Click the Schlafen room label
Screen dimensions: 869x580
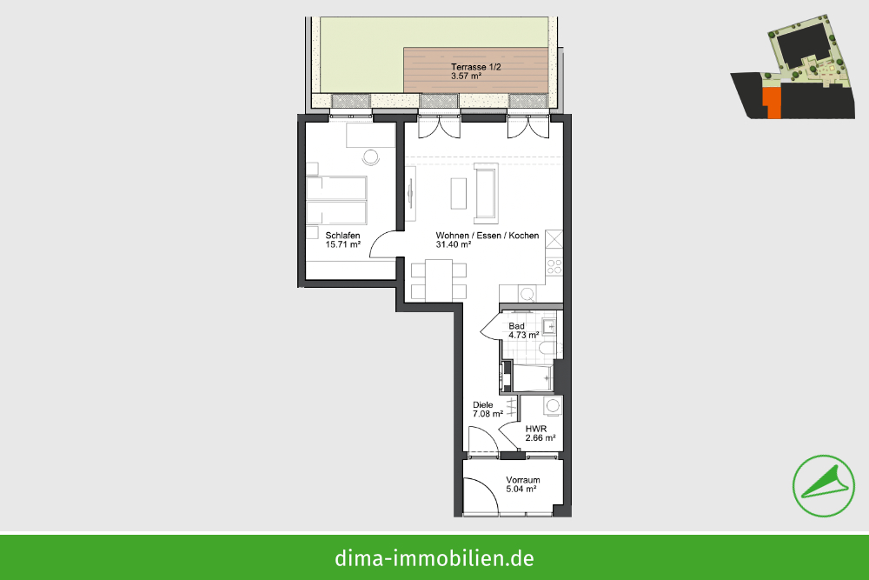(x=342, y=235)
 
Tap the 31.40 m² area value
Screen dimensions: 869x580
(x=454, y=244)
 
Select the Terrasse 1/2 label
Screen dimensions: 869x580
(x=475, y=67)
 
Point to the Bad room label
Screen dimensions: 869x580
(x=516, y=326)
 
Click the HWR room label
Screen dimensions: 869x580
(x=536, y=429)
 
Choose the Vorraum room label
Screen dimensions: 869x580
(x=522, y=480)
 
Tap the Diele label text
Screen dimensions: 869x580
(x=482, y=404)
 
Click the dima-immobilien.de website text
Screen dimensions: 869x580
(x=434, y=557)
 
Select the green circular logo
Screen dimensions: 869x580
(x=824, y=486)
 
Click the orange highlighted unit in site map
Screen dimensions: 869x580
(x=772, y=103)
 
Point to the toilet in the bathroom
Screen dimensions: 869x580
(x=547, y=349)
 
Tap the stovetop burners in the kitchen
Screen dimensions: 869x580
(x=554, y=267)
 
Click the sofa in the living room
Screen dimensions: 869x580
(x=486, y=193)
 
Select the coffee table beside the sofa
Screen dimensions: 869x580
(x=458, y=193)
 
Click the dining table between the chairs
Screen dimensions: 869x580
(x=439, y=280)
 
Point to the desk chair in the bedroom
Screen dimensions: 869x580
(x=371, y=157)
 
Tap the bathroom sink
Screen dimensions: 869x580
(x=548, y=327)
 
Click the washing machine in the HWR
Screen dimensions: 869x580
(x=553, y=405)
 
